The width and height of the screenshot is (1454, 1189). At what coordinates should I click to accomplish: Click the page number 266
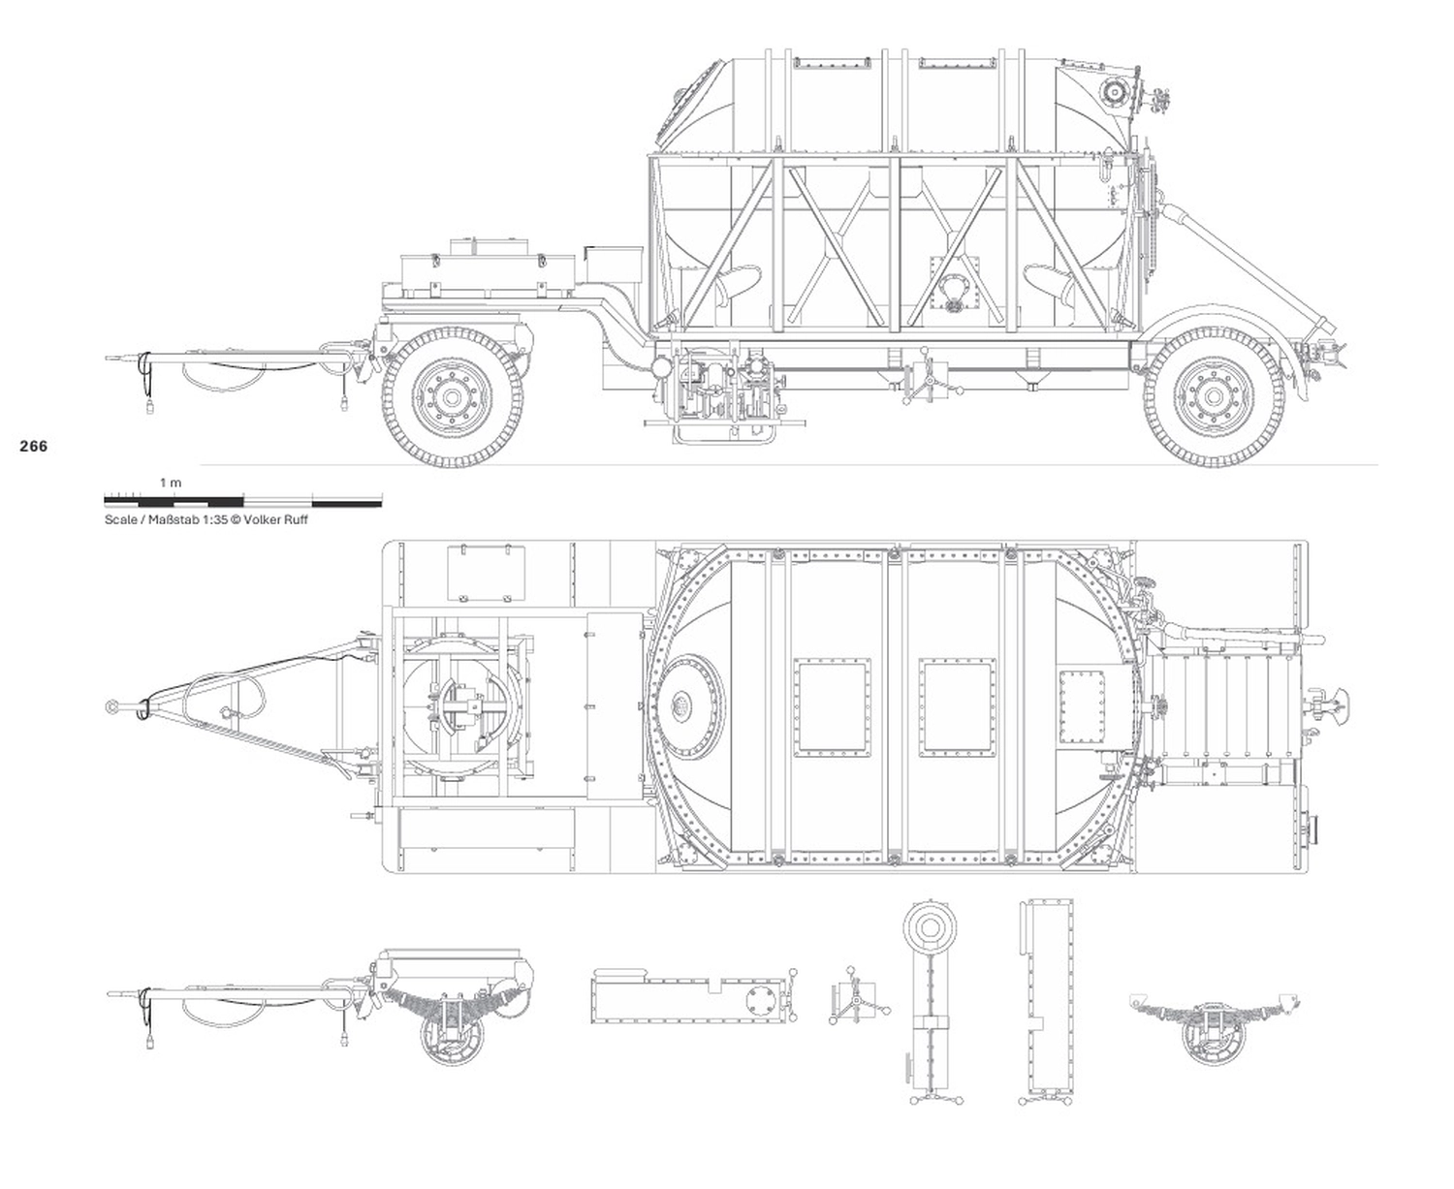click(33, 447)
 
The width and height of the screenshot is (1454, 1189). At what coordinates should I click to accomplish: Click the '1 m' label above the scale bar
click(171, 482)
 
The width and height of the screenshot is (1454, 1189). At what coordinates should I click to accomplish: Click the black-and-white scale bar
click(242, 501)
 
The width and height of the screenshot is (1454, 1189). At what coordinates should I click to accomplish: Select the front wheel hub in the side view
click(452, 396)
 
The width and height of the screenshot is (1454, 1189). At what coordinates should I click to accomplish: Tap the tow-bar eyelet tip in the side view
click(110, 359)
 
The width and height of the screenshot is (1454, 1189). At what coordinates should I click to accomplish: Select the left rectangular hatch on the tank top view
click(832, 707)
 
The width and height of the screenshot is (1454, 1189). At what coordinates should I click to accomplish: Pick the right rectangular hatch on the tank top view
click(960, 707)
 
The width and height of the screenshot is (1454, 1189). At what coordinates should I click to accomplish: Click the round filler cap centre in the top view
click(682, 705)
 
